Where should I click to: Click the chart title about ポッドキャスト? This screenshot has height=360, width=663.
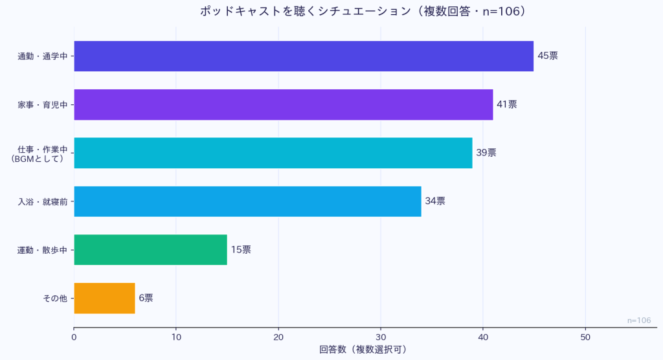point(362,11)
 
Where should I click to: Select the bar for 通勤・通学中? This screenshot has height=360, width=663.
point(304,56)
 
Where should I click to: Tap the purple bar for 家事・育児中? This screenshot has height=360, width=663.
point(283,104)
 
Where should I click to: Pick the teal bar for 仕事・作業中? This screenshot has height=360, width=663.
point(273,153)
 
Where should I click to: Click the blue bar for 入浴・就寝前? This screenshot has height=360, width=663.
point(247,201)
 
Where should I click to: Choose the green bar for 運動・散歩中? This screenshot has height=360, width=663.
point(150,249)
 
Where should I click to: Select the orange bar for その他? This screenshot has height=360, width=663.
point(104,298)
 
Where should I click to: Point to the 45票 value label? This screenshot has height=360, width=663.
point(547,56)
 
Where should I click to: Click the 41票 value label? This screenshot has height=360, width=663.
point(506,104)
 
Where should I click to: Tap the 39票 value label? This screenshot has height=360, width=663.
point(486,153)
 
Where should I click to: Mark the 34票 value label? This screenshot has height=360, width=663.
point(434,201)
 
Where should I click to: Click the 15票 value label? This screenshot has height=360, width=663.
point(241,249)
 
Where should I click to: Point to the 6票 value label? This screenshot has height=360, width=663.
point(146,298)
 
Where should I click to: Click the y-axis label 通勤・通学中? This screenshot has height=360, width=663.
point(43,56)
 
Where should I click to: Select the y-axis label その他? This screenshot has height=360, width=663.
point(55,298)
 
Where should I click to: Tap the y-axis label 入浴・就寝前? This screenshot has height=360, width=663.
point(43,201)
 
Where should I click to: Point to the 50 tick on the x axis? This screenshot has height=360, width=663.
point(585,337)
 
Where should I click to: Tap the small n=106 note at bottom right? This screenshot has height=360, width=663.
point(639,321)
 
